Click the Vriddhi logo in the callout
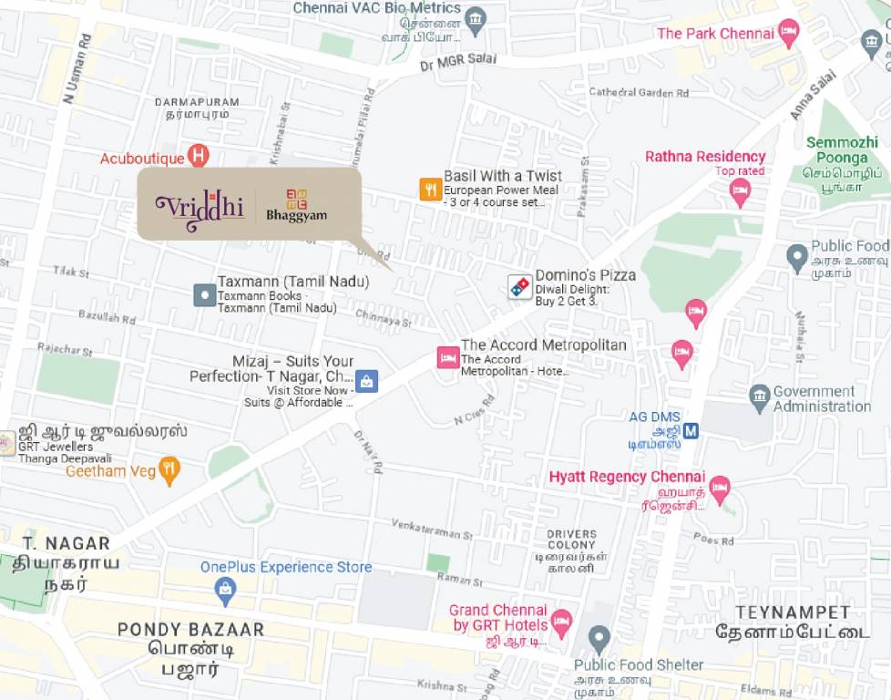click(200, 207)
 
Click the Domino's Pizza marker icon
click(520, 286)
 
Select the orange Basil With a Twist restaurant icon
click(430, 189)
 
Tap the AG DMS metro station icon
click(691, 430)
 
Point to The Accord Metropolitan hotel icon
click(447, 357)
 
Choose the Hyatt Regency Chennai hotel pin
click(720, 488)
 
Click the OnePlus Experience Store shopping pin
click(225, 592)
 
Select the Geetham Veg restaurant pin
click(169, 470)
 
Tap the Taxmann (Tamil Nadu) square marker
click(204, 294)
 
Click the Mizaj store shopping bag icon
click(365, 382)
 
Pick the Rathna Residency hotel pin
click(740, 191)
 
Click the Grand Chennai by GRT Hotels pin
click(561, 622)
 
